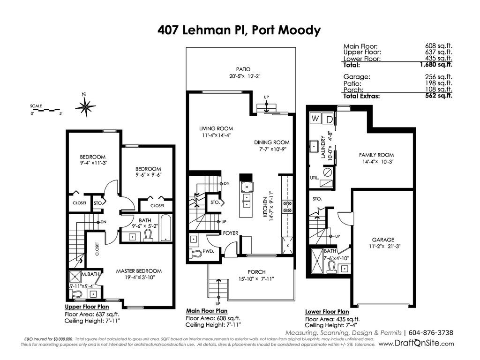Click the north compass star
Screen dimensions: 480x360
[x=86, y=107]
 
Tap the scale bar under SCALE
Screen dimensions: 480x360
[x=45, y=110]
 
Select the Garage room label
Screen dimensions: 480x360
[x=383, y=240]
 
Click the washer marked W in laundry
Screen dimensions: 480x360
[x=315, y=118]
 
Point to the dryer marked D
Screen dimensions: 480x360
[x=329, y=119]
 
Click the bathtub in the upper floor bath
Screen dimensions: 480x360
[x=165, y=228]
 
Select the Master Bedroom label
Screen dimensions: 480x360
[x=139, y=271]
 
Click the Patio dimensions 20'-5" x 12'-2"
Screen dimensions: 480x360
[x=245, y=76]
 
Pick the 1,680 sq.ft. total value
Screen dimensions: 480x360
[x=436, y=65]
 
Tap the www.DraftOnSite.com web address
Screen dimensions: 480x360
[x=416, y=343]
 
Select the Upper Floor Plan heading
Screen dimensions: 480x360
[x=87, y=307]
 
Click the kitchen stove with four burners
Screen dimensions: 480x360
[x=287, y=206]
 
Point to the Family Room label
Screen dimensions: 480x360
[x=376, y=155]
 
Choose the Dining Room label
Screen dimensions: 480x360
[x=271, y=142]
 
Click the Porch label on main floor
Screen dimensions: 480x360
[x=256, y=272]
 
